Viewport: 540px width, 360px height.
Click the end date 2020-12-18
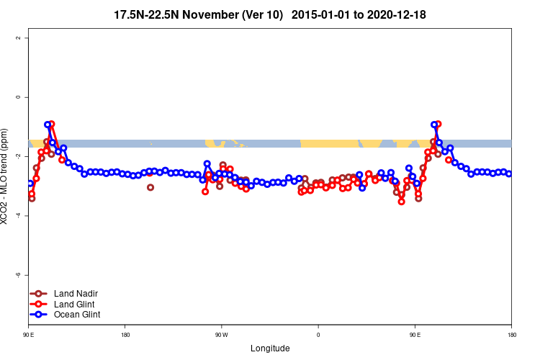[x=397, y=14]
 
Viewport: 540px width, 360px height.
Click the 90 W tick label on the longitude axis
[x=221, y=335]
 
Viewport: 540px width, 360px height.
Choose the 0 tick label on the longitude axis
[x=318, y=335]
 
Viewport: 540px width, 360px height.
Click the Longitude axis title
[x=270, y=348]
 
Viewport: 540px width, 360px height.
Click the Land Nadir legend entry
[x=76, y=293]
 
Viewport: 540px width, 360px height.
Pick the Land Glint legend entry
[x=75, y=304]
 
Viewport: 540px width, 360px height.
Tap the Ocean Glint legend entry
[x=77, y=314]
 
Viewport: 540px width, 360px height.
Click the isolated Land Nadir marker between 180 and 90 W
[x=150, y=187]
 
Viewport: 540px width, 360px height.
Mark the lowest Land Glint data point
[x=401, y=202]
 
